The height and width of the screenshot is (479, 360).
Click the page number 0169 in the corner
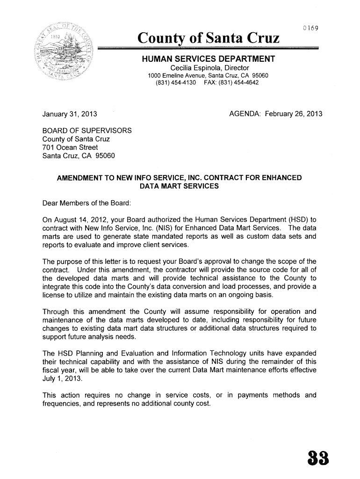click(310, 29)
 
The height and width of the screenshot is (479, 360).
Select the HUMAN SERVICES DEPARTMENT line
click(209, 59)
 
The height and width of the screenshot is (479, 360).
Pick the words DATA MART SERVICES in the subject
click(179, 186)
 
